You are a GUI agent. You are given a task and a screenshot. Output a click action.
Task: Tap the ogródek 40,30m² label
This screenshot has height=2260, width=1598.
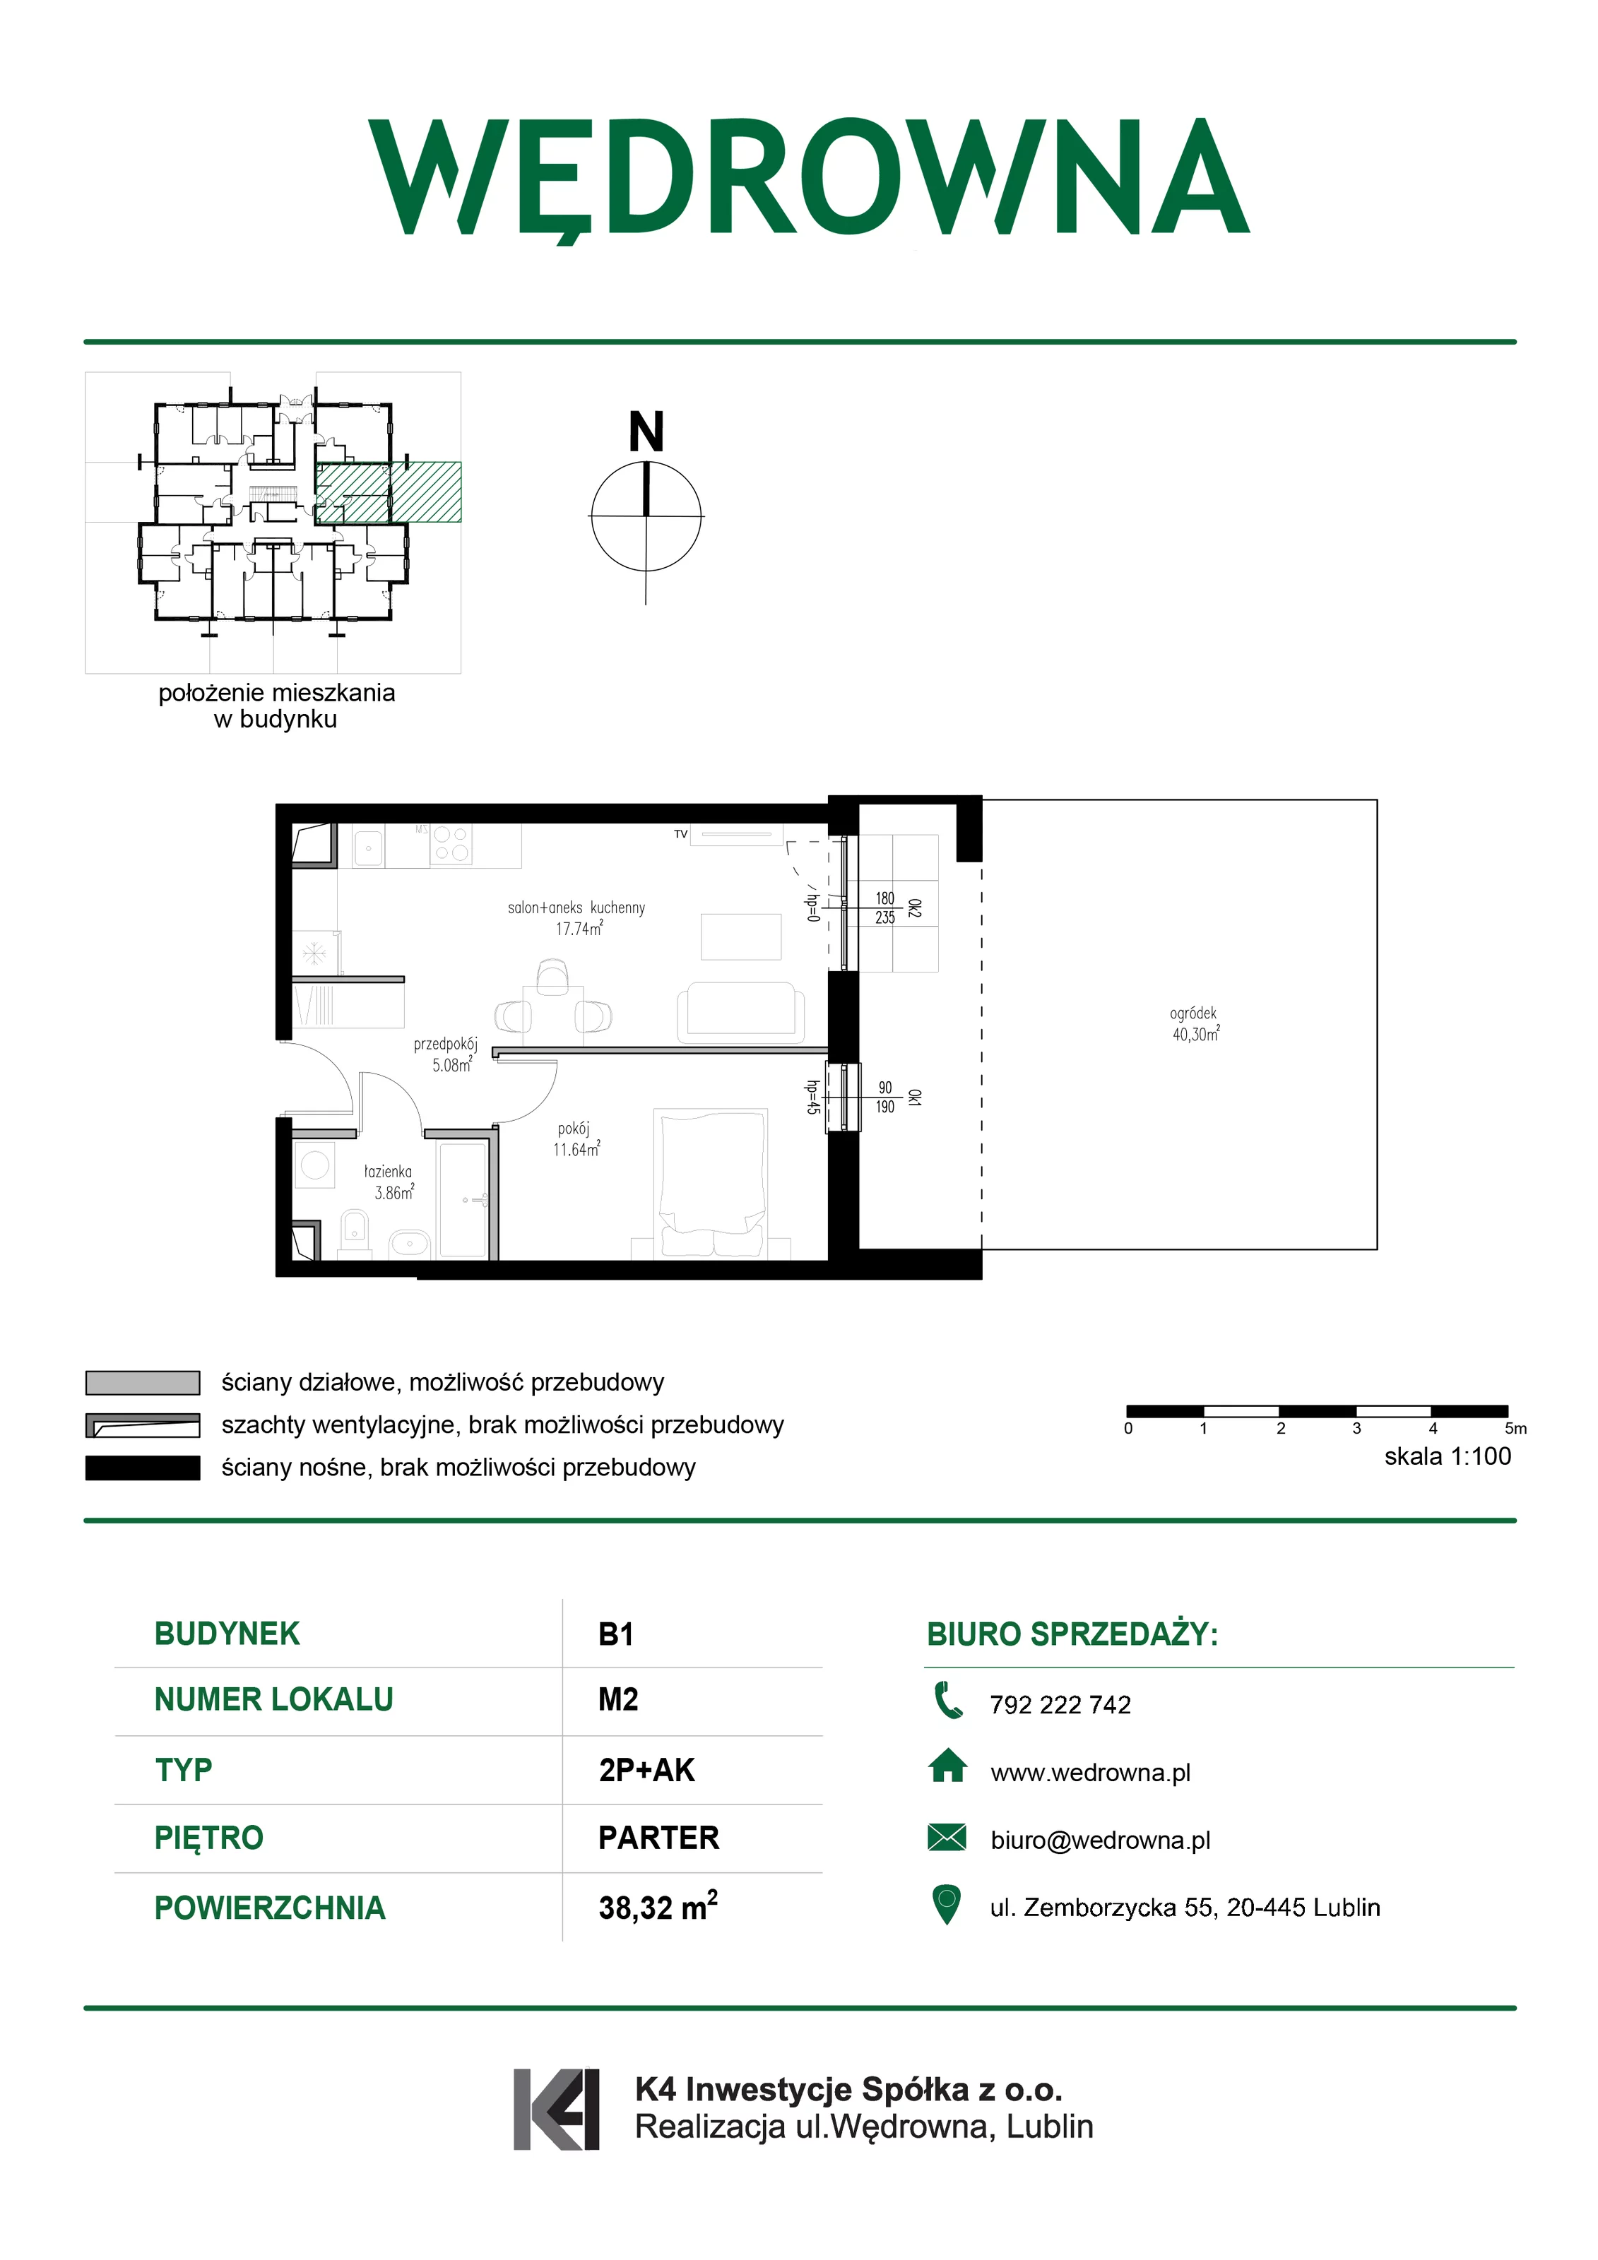click(x=1195, y=1023)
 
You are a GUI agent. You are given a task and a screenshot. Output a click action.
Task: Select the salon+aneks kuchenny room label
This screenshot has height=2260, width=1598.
click(x=577, y=917)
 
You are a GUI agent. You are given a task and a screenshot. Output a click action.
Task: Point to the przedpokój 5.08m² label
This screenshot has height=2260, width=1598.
click(x=446, y=1054)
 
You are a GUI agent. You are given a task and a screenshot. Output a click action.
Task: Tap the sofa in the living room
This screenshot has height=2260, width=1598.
click(x=740, y=1013)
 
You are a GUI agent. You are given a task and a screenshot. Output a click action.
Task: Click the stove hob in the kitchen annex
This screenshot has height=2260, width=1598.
click(x=451, y=845)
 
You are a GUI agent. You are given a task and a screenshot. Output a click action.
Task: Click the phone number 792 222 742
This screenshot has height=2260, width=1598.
click(x=1060, y=1706)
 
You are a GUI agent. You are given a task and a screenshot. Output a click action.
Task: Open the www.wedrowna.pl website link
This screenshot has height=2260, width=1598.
click(x=1090, y=1773)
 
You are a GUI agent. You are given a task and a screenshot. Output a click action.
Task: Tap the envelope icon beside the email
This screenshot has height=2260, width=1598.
click(x=947, y=1838)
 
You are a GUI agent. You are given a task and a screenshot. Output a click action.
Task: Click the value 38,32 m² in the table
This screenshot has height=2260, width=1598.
click(x=658, y=1907)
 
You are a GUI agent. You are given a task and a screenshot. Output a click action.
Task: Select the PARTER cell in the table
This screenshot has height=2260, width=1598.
click(x=658, y=1838)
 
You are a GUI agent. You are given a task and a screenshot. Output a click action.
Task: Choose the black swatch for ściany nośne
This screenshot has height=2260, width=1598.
click(x=143, y=1468)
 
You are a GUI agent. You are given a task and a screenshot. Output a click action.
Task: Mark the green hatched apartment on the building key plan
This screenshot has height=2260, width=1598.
click(x=388, y=492)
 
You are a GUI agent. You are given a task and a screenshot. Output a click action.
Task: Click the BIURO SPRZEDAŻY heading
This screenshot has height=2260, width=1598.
click(x=1072, y=1634)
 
